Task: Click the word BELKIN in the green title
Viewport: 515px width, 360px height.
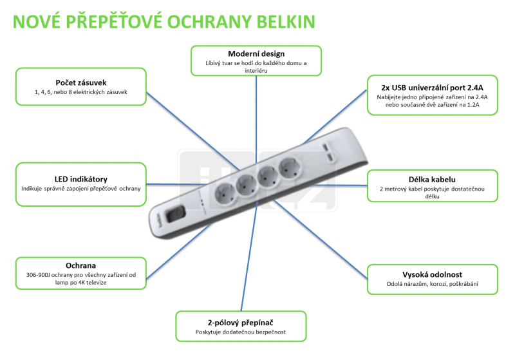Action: click(x=285, y=22)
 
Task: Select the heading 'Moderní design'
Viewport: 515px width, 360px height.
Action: click(x=256, y=54)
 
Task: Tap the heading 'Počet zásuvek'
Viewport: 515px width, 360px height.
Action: click(x=81, y=83)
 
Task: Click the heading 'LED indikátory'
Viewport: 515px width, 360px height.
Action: click(x=81, y=179)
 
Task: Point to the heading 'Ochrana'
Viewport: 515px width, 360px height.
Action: click(x=81, y=265)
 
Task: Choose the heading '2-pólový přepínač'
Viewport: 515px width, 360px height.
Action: click(x=240, y=323)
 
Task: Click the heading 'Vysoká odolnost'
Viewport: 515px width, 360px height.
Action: click(x=432, y=274)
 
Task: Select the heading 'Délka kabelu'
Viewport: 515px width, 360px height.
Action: click(x=432, y=179)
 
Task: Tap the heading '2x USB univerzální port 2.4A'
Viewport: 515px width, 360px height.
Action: click(x=432, y=88)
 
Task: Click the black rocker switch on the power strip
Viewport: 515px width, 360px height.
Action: click(x=175, y=214)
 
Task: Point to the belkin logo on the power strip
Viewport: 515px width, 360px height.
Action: click(x=159, y=220)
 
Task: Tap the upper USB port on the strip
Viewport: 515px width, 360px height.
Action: click(x=325, y=147)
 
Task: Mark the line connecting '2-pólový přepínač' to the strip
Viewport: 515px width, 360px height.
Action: click(x=249, y=256)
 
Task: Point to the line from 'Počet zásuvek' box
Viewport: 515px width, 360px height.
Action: click(x=192, y=131)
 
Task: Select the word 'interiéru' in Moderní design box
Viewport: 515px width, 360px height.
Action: click(x=256, y=71)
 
